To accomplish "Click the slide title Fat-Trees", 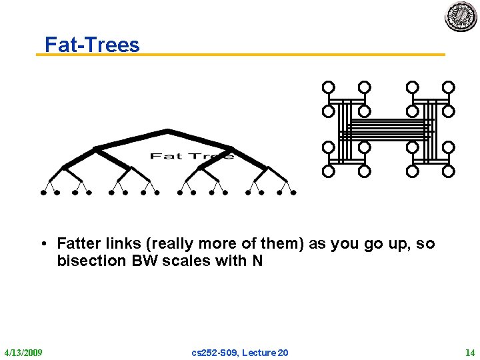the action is (x=92, y=44).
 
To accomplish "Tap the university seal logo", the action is (x=461, y=17).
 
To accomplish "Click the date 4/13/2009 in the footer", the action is (x=23, y=352).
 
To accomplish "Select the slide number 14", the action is (x=469, y=352).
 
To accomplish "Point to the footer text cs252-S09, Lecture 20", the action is (x=240, y=352).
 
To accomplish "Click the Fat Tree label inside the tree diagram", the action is (x=192, y=156).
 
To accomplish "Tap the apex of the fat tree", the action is (x=167, y=130).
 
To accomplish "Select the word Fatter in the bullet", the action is (x=79, y=243).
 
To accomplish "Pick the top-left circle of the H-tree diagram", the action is (x=328, y=87).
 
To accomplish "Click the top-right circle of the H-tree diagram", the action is (x=449, y=87).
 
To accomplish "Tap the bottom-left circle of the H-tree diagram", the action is (x=328, y=171).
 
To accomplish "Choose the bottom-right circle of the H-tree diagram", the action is (x=449, y=171).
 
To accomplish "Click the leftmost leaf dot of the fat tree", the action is (x=43, y=193).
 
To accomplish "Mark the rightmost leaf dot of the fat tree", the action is (x=293, y=193).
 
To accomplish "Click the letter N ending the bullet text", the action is (x=257, y=261).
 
